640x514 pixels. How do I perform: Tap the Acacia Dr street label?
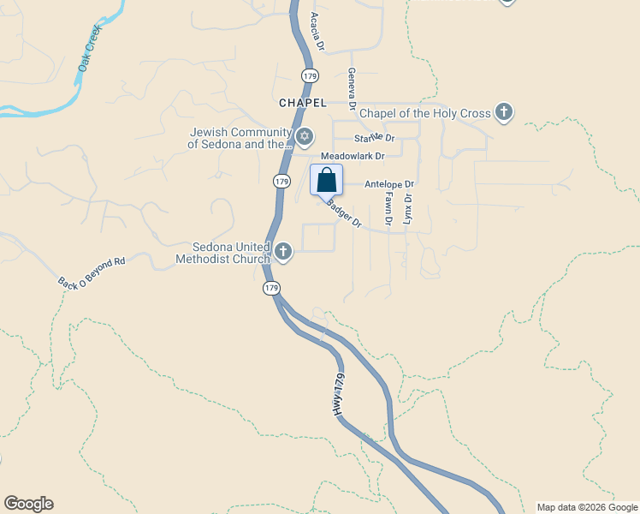point(317,32)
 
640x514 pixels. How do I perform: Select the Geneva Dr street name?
point(351,85)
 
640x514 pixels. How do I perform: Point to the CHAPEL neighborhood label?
point(303,103)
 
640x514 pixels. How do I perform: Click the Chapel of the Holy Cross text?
point(424,113)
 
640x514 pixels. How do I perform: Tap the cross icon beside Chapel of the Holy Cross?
point(504,112)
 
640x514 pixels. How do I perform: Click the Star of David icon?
point(304,137)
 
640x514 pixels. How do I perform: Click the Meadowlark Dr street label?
point(353,156)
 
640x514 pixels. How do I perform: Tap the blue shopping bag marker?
point(326,181)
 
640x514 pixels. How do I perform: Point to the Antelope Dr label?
point(388,184)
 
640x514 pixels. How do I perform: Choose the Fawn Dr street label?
point(388,208)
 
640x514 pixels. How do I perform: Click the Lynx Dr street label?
point(408,209)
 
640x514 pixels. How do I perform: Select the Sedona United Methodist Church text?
point(222,252)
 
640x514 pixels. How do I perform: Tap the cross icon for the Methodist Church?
point(283,252)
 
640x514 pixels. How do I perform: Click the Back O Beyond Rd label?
point(92,272)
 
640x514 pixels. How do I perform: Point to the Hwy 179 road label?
point(341,396)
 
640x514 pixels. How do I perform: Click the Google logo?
point(28,504)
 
